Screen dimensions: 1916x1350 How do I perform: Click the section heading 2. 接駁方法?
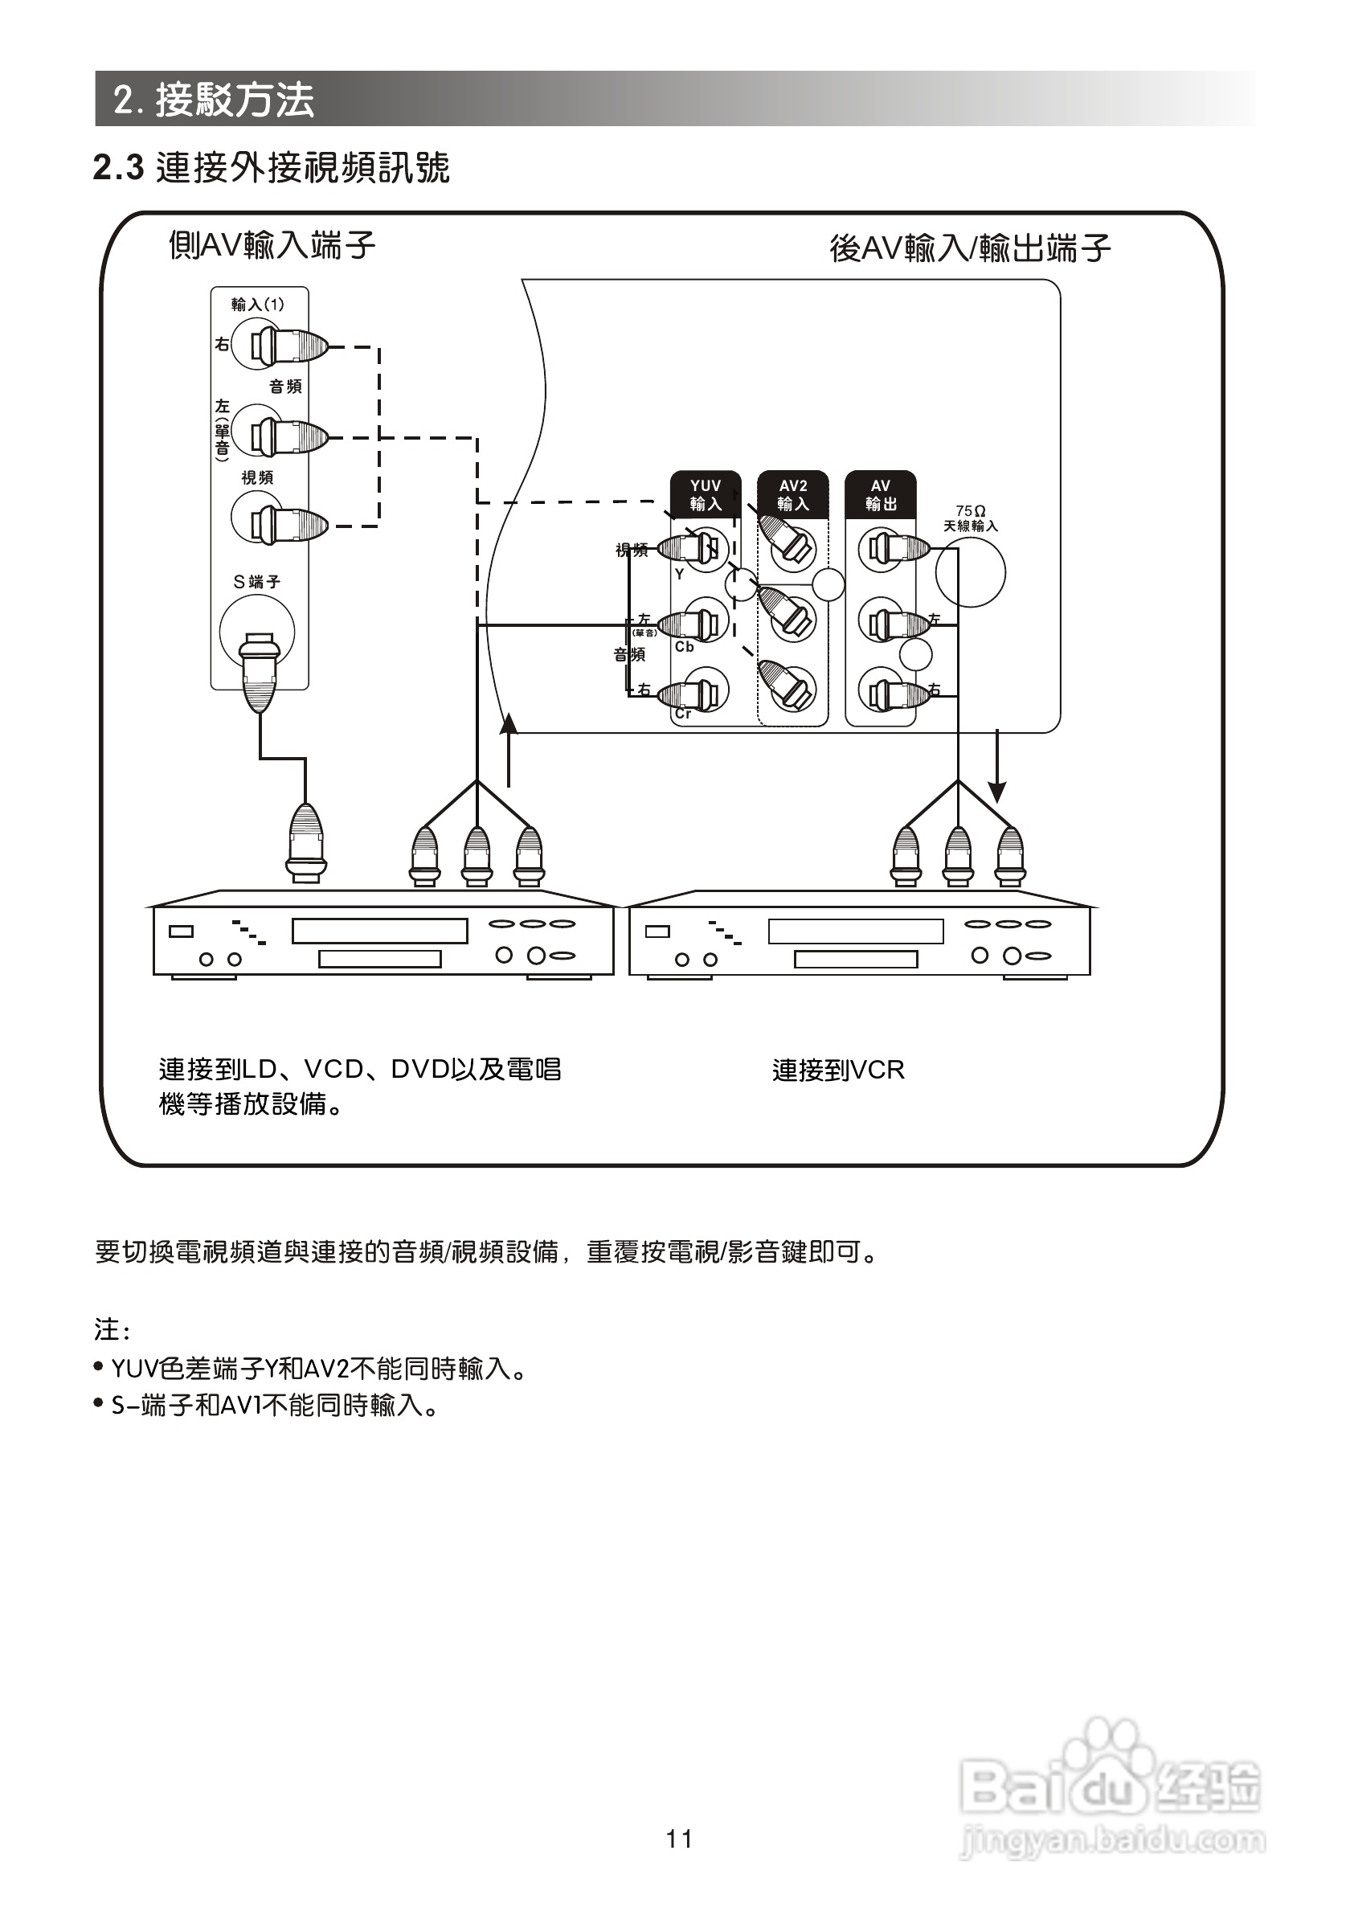(214, 100)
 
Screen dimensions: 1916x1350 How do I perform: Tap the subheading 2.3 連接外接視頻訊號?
(271, 168)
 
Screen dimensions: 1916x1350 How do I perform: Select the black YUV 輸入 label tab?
(705, 495)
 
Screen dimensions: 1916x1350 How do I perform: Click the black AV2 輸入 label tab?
(792, 495)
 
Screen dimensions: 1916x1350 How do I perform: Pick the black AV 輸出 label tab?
(880, 495)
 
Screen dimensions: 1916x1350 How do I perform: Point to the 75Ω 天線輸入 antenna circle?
(970, 571)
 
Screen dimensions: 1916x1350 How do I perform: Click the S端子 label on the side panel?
(256, 582)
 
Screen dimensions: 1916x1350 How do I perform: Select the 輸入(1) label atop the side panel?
(257, 305)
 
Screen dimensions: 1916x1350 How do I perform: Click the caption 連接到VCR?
(837, 1070)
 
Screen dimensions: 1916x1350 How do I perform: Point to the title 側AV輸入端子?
(272, 245)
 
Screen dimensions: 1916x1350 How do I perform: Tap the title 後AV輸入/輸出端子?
(970, 248)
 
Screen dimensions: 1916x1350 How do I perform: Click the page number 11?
(678, 1839)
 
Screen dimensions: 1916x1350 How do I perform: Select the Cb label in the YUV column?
(684, 647)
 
